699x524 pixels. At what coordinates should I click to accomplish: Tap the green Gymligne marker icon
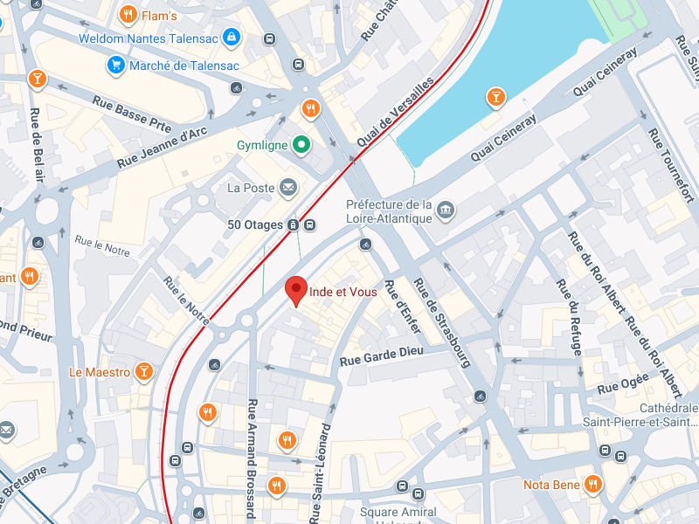coord(301,145)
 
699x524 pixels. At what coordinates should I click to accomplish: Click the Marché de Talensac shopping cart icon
coord(115,65)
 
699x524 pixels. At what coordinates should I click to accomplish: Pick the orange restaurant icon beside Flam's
coord(128,14)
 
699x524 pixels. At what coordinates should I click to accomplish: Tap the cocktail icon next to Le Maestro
coord(144,373)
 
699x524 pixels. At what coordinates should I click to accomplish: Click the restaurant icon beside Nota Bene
coord(593,484)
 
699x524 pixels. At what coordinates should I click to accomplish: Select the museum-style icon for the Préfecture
coord(446,210)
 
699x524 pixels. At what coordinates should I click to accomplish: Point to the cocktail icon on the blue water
coord(496,96)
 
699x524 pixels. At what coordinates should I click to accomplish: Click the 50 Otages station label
coord(255,224)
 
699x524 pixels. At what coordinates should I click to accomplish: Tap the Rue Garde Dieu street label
coord(381,351)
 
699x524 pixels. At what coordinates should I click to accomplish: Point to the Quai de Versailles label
coord(395,113)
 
